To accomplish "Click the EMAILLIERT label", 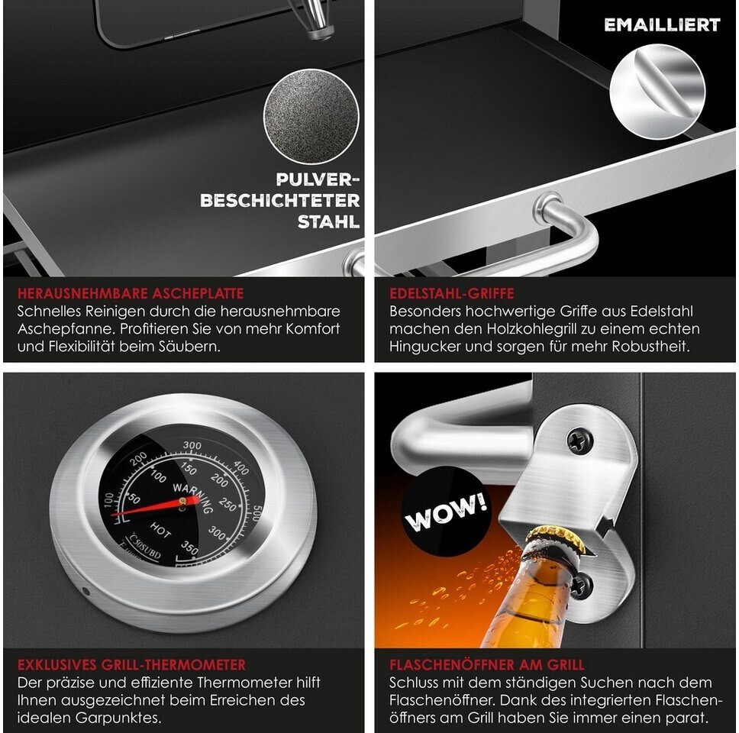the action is [x=662, y=25].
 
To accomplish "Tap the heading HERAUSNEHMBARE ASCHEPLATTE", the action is [x=131, y=294].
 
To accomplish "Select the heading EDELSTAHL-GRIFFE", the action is [x=451, y=294].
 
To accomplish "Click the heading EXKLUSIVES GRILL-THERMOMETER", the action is [x=131, y=664].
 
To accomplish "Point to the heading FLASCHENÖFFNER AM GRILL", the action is [x=487, y=664].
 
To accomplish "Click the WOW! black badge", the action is [x=445, y=511].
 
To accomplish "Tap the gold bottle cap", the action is [x=556, y=538].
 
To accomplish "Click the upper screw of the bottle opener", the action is [x=580, y=441].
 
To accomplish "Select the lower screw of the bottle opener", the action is [x=581, y=586].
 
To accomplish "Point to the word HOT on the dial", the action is [x=161, y=531].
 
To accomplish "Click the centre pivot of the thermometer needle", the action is [x=182, y=502].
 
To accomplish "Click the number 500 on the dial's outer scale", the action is [x=257, y=513].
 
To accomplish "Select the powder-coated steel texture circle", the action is [x=311, y=116].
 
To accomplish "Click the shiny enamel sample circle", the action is [x=657, y=92].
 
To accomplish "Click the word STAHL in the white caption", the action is [x=328, y=221].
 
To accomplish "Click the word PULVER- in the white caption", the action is [x=318, y=179].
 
